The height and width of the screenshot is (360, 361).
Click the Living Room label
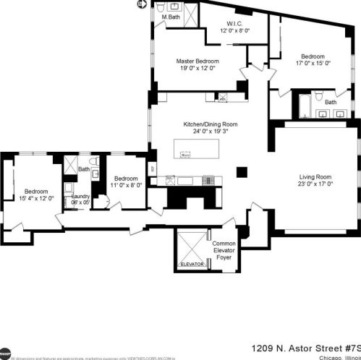click(x=315, y=177)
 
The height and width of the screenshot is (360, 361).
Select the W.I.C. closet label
click(x=235, y=22)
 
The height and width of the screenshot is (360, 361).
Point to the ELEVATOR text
click(x=192, y=265)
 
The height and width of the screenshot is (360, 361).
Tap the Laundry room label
click(x=80, y=196)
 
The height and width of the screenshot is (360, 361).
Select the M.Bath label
click(x=170, y=17)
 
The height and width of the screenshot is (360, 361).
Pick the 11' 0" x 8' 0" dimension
click(x=124, y=186)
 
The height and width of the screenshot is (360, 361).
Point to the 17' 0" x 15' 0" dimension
click(x=313, y=63)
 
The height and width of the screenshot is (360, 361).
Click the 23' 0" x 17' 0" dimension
click(x=315, y=185)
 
